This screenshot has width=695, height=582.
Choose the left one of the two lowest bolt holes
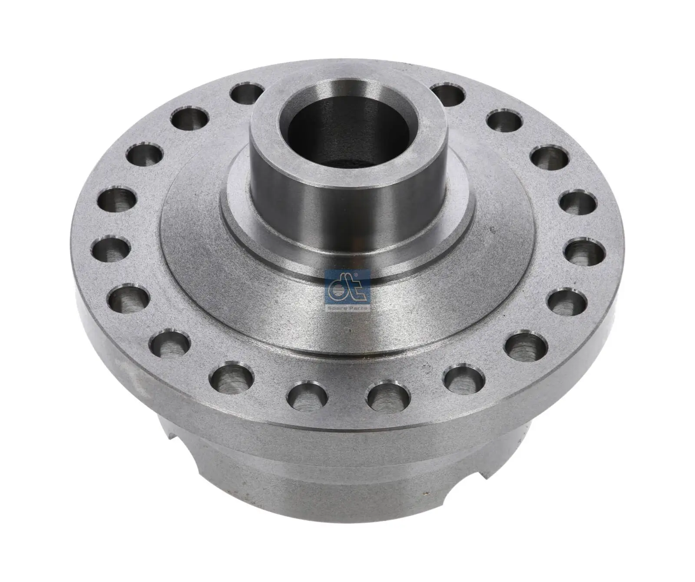308,397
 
